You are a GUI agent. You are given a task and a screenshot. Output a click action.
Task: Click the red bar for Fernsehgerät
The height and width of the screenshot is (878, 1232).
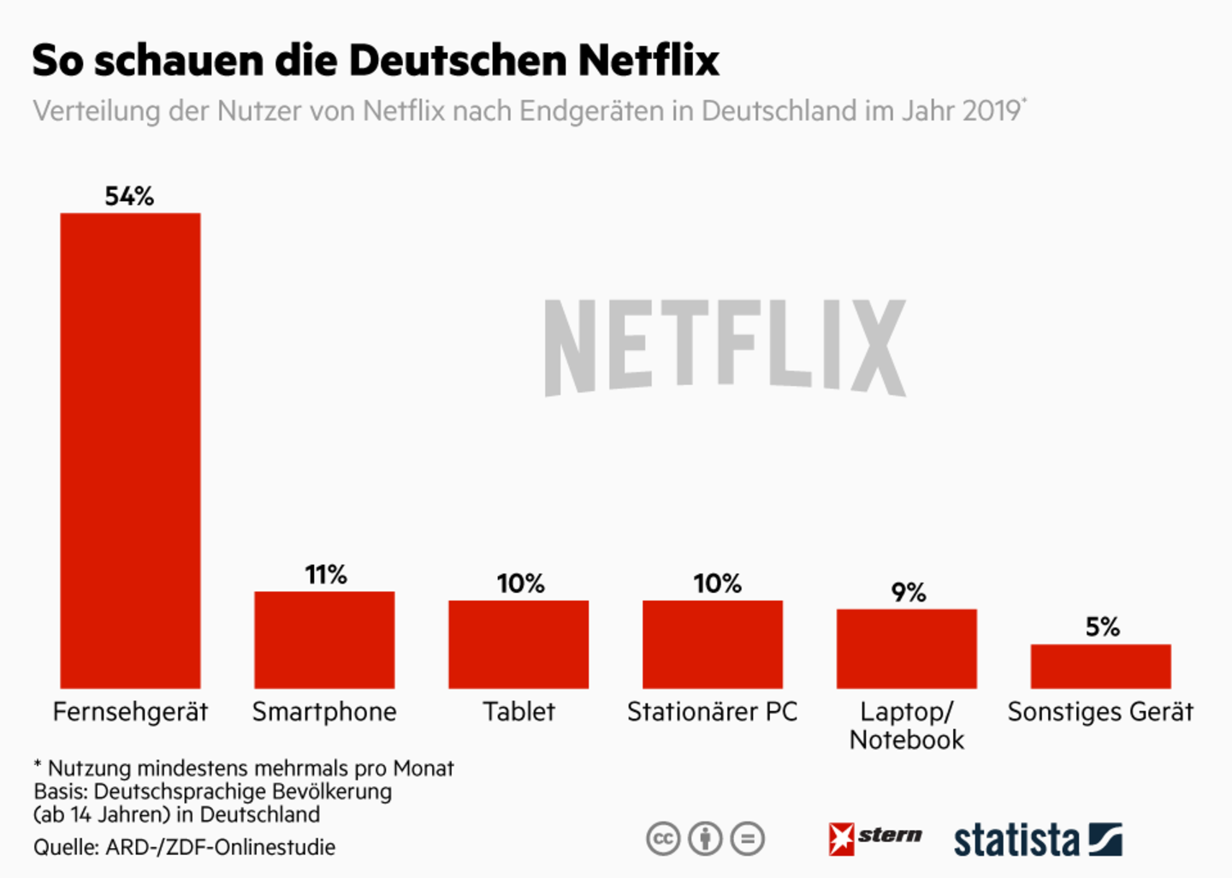[x=130, y=450]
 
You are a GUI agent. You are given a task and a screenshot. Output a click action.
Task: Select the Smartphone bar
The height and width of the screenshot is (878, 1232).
[x=324, y=639]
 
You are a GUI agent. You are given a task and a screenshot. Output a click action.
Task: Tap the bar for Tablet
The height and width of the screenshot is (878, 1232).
[x=518, y=644]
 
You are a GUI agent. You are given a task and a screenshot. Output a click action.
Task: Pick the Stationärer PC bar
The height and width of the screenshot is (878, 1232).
[x=713, y=644]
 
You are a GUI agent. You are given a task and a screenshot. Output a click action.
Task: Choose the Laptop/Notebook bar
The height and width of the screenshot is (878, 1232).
[x=907, y=648]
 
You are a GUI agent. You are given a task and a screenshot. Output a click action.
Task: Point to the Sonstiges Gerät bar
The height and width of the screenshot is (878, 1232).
[x=1100, y=666]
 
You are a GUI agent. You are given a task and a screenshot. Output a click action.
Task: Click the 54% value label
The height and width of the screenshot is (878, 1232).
[x=129, y=196]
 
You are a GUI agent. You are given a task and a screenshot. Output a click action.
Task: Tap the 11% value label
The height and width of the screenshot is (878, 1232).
[x=326, y=574]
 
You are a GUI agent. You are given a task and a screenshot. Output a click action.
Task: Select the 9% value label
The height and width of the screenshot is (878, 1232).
[x=909, y=592]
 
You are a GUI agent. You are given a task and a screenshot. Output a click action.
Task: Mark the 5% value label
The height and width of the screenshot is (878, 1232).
[x=1103, y=627]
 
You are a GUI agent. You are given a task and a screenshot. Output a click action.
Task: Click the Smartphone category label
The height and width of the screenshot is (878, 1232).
[x=324, y=712]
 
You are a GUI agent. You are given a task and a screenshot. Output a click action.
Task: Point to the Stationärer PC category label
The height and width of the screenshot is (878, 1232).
[x=712, y=712]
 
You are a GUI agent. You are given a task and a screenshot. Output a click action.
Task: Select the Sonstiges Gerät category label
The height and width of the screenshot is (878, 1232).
[x=1100, y=712]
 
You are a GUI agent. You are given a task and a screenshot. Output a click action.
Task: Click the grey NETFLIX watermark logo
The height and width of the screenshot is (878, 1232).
[x=725, y=347]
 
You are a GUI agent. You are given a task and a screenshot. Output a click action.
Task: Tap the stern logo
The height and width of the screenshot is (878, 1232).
[x=875, y=838]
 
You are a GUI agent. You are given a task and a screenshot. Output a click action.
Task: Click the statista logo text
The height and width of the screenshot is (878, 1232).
[x=1016, y=839]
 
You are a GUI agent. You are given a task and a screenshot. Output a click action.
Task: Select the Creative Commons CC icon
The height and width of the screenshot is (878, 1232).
[x=663, y=839]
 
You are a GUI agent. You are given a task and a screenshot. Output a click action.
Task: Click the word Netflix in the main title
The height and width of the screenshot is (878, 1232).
[x=649, y=60]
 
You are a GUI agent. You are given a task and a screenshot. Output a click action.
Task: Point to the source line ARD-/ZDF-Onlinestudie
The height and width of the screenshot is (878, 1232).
[x=220, y=847]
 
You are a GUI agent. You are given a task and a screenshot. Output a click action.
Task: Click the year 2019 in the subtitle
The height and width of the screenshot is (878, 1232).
[x=991, y=111]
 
